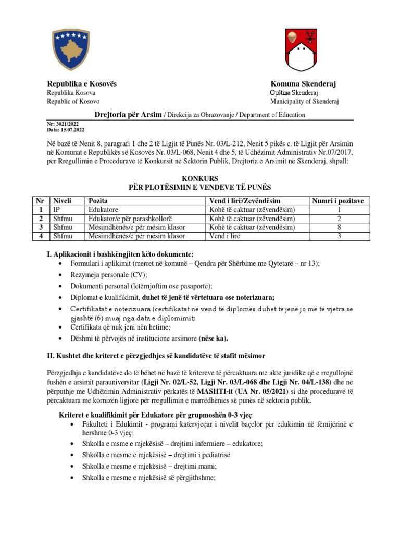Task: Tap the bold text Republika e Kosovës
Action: (82, 84)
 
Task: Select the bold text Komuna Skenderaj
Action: (304, 84)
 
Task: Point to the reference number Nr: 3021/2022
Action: (66, 124)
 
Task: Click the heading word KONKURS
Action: (199, 178)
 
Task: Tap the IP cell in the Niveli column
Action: (56, 210)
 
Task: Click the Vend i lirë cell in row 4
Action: (224, 236)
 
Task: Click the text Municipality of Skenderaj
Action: (304, 101)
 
